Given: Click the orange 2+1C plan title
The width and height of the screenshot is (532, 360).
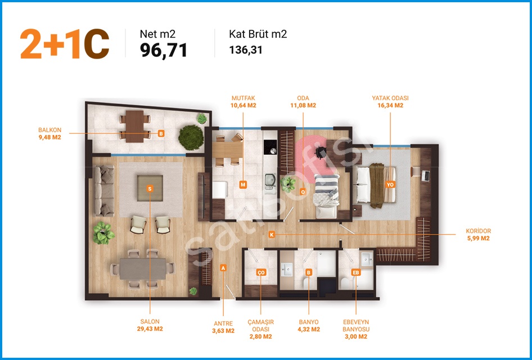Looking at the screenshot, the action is [65, 44].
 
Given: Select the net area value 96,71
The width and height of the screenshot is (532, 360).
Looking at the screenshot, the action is [163, 51].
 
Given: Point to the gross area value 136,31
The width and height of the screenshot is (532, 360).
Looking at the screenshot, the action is [246, 50].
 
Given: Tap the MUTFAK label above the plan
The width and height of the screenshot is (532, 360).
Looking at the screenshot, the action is [244, 98].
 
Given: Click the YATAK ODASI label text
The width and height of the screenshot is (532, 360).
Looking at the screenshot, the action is [390, 98].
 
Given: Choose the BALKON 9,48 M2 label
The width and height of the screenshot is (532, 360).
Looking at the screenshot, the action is [50, 134].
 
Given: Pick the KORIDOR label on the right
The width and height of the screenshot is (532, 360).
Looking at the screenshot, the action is [479, 231].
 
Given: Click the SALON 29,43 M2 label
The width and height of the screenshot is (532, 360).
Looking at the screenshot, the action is [150, 325].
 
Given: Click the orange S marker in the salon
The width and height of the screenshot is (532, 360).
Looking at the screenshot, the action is [150, 188].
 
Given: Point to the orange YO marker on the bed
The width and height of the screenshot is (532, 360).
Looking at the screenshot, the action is [390, 184].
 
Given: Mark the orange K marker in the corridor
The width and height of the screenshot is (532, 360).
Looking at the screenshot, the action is [272, 235].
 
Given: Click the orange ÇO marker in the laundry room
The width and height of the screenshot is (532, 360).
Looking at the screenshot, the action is [260, 272].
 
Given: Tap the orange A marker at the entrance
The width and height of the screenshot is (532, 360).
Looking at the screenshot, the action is [223, 268].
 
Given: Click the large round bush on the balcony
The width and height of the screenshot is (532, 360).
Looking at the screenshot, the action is [191, 137].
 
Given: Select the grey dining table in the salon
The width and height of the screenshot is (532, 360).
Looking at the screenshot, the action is [142, 269].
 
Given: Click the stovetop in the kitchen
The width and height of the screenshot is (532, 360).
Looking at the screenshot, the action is [270, 147].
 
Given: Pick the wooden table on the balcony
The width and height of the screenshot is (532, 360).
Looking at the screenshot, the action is [135, 126].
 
